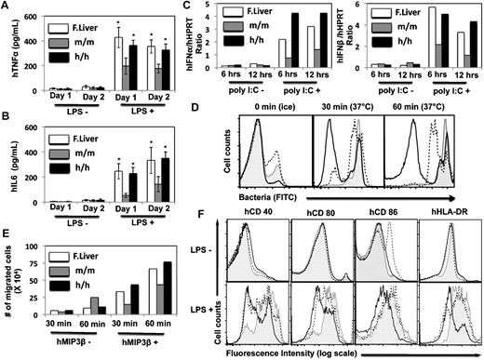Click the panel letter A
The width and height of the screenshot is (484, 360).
pos(7,7)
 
